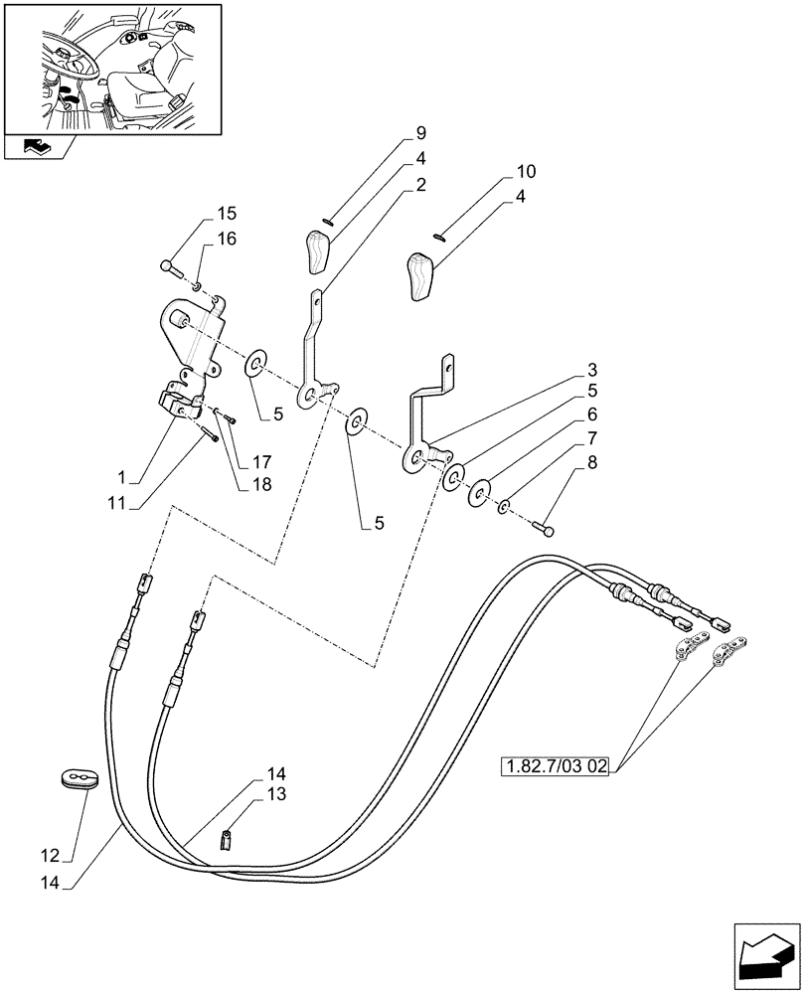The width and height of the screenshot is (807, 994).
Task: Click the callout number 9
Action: pos(421,133)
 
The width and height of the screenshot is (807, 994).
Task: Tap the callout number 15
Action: pos(227,214)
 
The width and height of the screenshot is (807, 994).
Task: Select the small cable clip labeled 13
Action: pos(226,841)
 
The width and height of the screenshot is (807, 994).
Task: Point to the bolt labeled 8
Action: pos(543,528)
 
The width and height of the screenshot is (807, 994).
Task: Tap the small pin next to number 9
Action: pos(329,222)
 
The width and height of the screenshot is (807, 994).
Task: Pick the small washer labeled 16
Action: pos(198,287)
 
